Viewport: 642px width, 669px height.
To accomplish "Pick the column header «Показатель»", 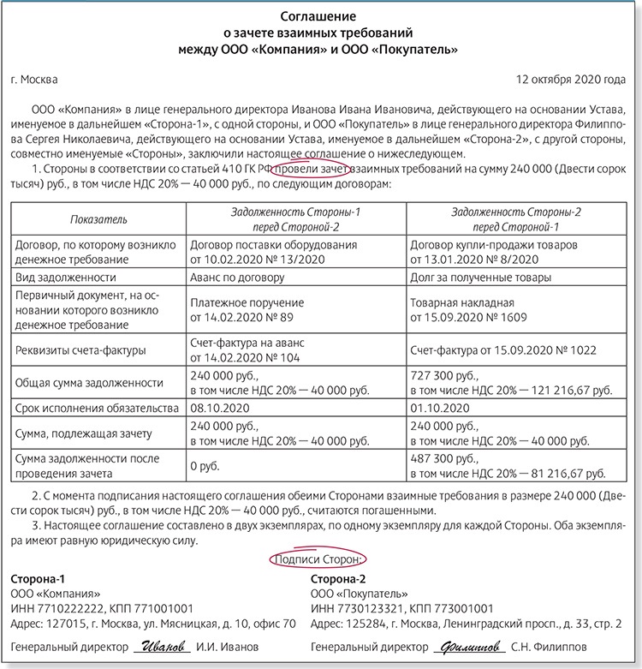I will point(98,220).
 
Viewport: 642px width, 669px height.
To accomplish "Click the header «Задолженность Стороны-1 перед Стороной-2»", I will point(297,220).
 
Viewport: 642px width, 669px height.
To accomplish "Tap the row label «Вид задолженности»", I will point(66,278).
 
